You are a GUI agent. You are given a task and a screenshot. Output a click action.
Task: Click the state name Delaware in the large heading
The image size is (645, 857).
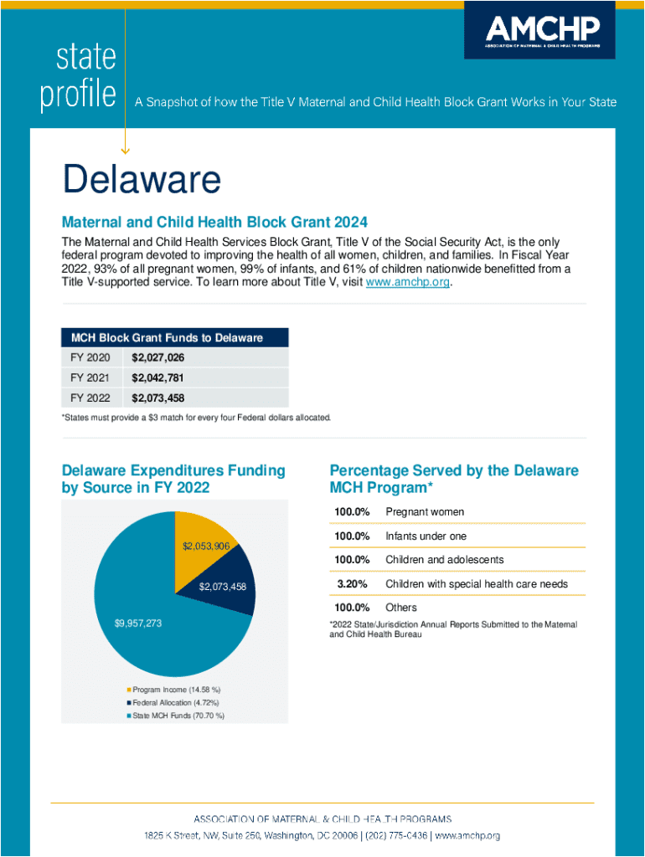pos(142,180)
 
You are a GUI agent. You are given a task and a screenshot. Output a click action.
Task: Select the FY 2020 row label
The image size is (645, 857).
pos(90,357)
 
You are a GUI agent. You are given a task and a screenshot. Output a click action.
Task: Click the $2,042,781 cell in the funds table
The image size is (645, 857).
pos(157,377)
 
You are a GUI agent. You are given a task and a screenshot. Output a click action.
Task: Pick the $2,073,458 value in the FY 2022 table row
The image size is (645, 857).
pos(157,398)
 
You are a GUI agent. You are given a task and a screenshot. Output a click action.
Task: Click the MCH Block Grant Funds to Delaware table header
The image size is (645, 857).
pos(174,337)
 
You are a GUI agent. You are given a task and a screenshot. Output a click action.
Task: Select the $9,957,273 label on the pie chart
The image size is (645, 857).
pos(137,624)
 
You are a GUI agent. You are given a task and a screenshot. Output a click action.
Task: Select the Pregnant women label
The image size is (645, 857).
pos(425,511)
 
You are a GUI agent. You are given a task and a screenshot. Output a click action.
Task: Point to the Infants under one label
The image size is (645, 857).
pos(426,536)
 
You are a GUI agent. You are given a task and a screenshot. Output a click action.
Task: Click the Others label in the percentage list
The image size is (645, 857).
pos(401,608)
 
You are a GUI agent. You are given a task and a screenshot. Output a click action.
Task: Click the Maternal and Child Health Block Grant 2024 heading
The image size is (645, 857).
pos(215,223)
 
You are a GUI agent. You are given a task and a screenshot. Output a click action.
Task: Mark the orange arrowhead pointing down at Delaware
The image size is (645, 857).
pos(126,151)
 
